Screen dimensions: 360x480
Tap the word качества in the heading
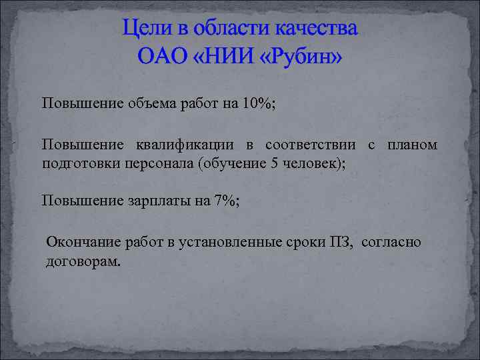[313, 29]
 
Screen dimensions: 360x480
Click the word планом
[413, 145]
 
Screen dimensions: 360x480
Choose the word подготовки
[74, 164]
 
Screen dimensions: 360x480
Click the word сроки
[299, 243]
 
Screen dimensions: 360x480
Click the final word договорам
[83, 262]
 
